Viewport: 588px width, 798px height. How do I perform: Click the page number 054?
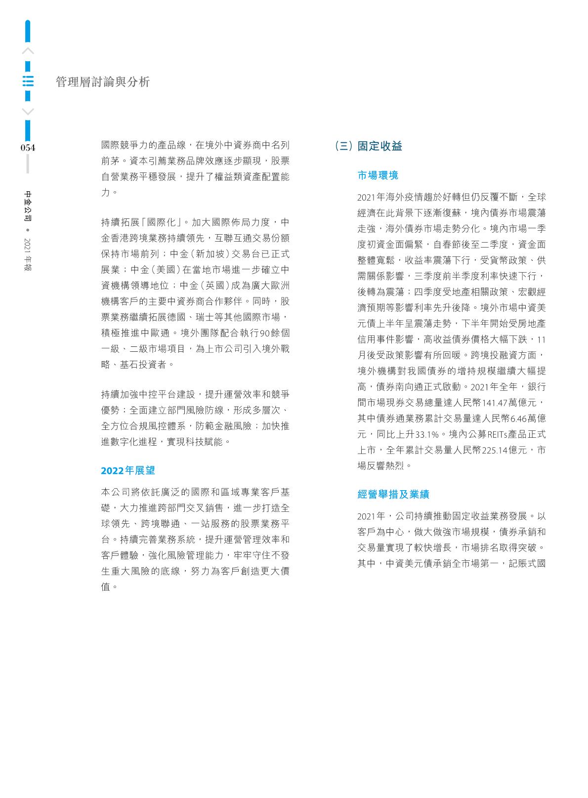28,148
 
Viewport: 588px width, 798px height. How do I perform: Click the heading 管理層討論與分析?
103,82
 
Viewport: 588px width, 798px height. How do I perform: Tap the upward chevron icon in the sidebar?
28,51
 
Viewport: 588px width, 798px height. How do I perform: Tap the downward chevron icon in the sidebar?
28,111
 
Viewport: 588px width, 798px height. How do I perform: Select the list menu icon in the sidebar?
28,81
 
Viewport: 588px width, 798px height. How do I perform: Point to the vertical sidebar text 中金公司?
28,206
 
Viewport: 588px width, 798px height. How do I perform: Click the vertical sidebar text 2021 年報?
28,254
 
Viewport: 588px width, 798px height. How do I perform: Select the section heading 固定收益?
379,146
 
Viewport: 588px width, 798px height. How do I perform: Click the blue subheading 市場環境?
378,175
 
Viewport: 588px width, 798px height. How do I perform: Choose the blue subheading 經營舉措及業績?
393,494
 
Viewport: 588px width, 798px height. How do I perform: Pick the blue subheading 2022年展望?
128,470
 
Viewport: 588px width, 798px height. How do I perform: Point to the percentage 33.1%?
427,434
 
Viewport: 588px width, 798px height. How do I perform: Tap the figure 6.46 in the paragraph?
519,419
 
